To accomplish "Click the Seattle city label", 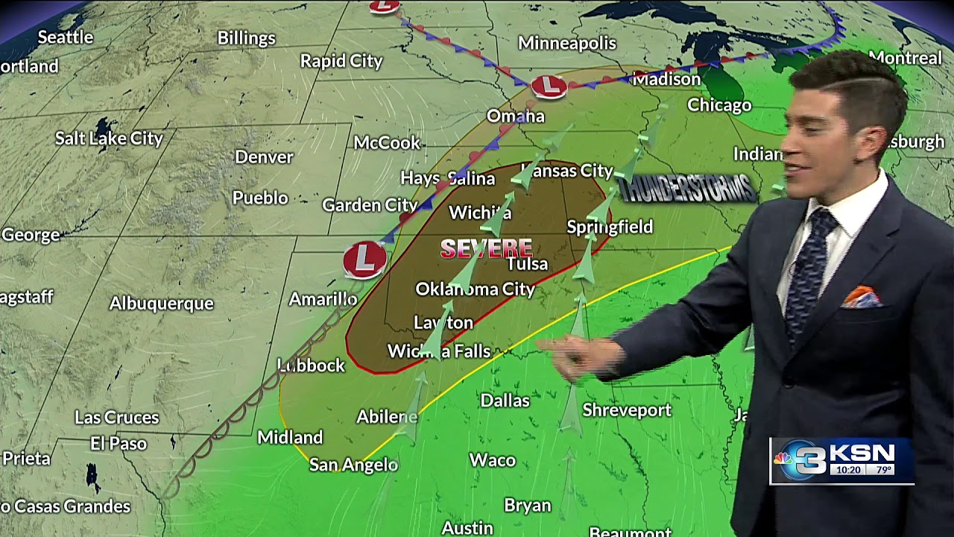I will pyautogui.click(x=66, y=37).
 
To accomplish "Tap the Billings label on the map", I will pyautogui.click(x=246, y=38).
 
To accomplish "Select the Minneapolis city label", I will pyautogui.click(x=567, y=43).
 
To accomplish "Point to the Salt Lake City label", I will pyautogui.click(x=109, y=138).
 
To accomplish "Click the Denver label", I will pyautogui.click(x=264, y=157).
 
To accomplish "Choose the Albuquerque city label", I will pyautogui.click(x=161, y=304).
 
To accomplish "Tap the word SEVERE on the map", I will pyautogui.click(x=486, y=248).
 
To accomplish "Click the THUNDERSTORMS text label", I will pyautogui.click(x=687, y=189).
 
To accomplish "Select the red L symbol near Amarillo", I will pyautogui.click(x=364, y=258).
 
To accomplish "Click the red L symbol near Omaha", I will pyautogui.click(x=549, y=86).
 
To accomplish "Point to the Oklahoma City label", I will pyautogui.click(x=475, y=289).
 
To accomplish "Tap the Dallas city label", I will pyautogui.click(x=505, y=401).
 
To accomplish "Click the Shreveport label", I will pyautogui.click(x=627, y=410).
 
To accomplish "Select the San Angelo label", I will pyautogui.click(x=353, y=465).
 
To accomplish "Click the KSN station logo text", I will pyautogui.click(x=862, y=453).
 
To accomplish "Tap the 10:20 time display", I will pyautogui.click(x=848, y=471).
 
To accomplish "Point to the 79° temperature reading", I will pyautogui.click(x=884, y=471).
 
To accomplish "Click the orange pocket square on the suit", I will pyautogui.click(x=862, y=298).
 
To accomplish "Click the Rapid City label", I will pyautogui.click(x=341, y=61).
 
